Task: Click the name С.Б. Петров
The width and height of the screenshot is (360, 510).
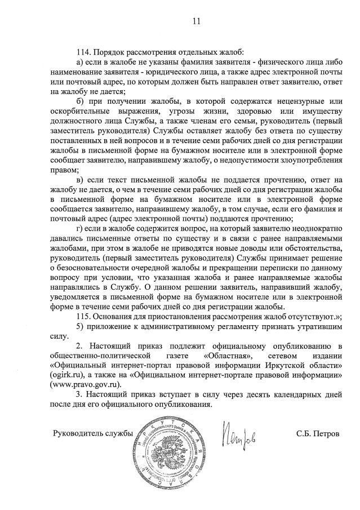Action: click(318, 433)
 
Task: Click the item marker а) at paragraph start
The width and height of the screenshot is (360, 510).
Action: click(80, 61)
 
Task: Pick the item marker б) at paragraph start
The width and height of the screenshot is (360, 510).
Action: click(80, 101)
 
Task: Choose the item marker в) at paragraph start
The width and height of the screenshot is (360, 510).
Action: click(80, 180)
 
